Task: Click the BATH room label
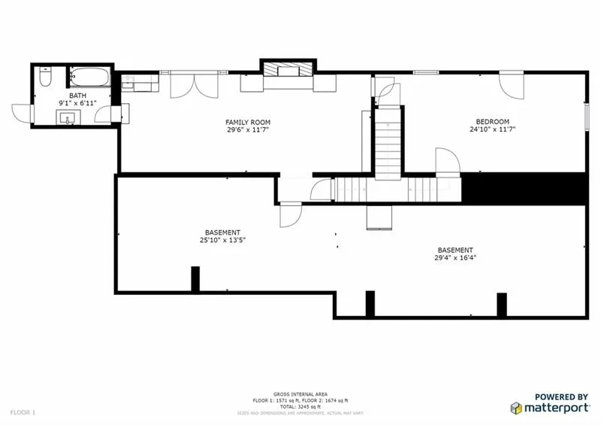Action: click(78, 96)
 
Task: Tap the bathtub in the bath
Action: click(89, 77)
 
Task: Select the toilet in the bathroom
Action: click(46, 77)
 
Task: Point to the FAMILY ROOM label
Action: click(248, 122)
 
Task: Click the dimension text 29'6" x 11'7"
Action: click(248, 130)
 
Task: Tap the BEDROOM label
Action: click(493, 122)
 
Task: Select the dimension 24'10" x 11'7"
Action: click(493, 129)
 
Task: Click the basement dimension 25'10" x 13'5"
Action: click(223, 240)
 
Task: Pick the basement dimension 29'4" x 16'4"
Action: click(455, 257)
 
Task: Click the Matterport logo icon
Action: click(516, 408)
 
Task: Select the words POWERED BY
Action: click(561, 396)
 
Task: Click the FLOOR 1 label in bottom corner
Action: click(23, 412)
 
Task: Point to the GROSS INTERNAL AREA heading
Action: click(300, 394)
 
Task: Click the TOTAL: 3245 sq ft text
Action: click(300, 407)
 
